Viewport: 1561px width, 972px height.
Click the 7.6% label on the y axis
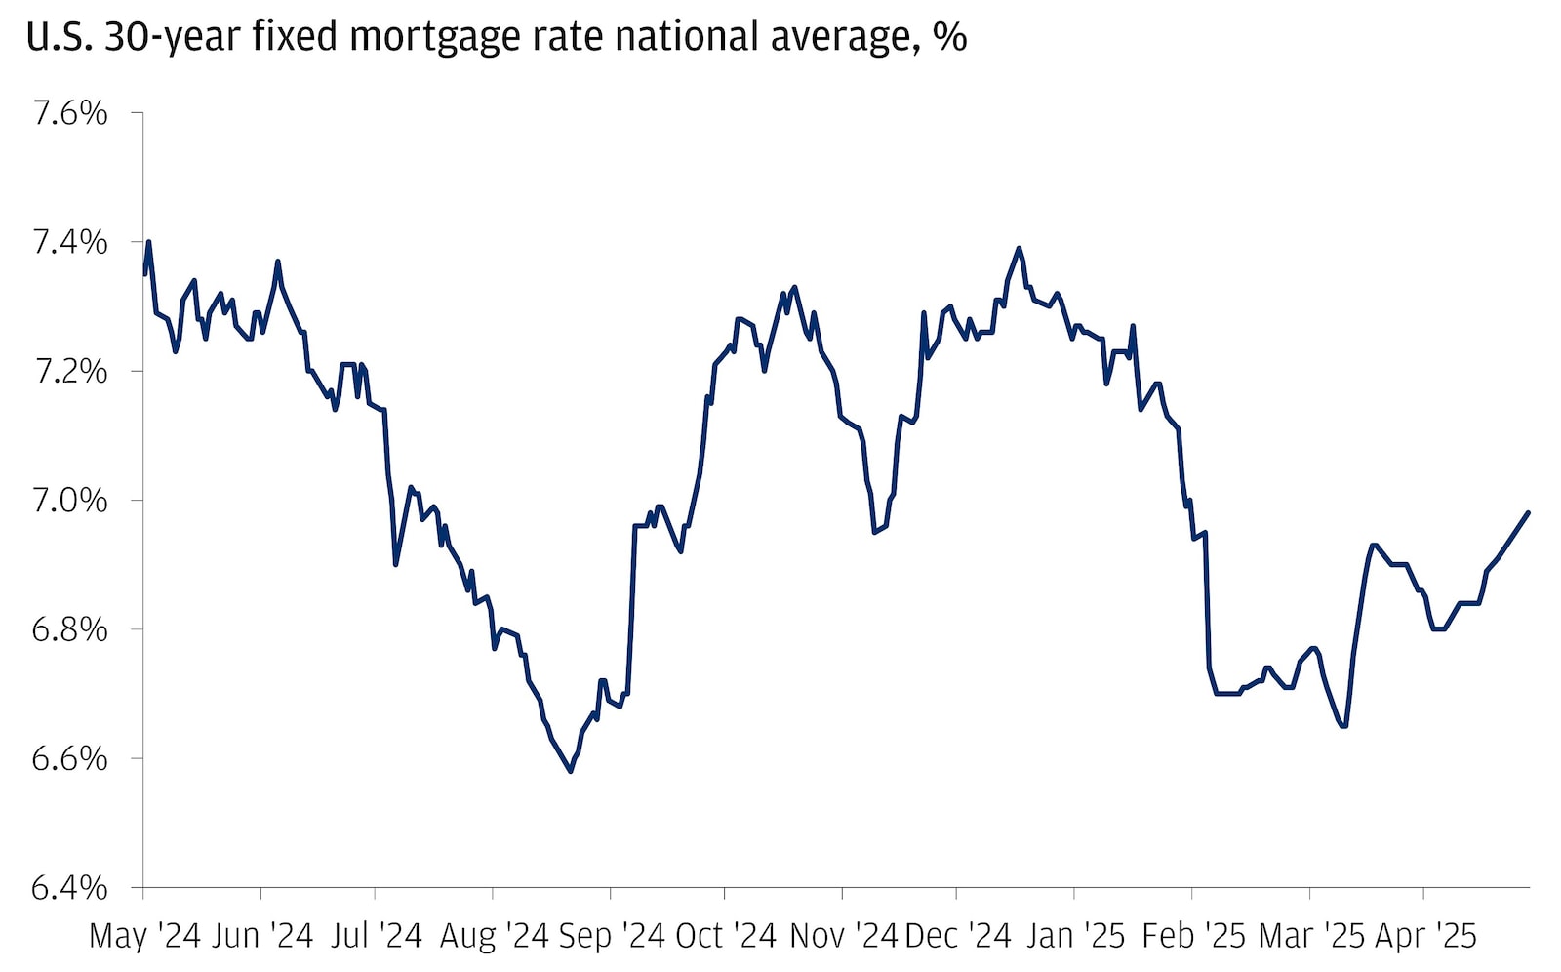click(x=69, y=114)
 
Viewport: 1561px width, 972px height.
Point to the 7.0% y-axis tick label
click(x=69, y=501)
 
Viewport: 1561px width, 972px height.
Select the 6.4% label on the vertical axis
click(x=69, y=888)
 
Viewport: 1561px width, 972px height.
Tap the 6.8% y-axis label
click(x=69, y=629)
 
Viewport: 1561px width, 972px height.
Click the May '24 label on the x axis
click(x=144, y=936)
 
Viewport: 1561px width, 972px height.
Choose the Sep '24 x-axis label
click(x=611, y=936)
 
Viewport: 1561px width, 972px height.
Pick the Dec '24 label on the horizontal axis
click(x=958, y=936)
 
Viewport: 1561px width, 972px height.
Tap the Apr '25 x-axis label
click(x=1425, y=936)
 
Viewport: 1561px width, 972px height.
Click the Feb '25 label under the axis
click(x=1193, y=936)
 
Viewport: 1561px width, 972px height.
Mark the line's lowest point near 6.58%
click(x=571, y=772)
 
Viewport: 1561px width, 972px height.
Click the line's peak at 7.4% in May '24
click(x=148, y=241)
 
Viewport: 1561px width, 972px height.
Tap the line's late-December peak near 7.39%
click(x=1019, y=248)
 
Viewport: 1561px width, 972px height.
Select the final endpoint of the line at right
click(x=1528, y=512)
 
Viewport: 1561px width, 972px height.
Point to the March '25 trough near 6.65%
click(x=1344, y=726)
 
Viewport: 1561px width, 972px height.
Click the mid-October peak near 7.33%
click(x=794, y=286)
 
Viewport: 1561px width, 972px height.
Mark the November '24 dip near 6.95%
click(x=874, y=532)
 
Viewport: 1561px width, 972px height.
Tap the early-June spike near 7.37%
click(x=278, y=261)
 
